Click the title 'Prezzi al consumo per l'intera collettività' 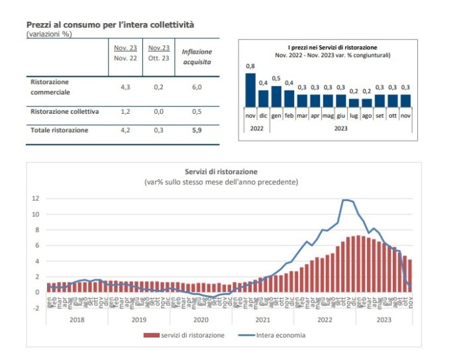point(110,24)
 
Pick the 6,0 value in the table point(197,87)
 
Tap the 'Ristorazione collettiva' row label point(65,112)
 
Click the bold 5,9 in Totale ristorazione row point(197,130)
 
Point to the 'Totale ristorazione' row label point(60,130)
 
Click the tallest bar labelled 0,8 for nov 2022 point(250,90)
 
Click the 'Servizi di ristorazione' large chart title point(221,172)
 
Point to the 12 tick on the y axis point(36,199)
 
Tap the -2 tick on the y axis point(36,308)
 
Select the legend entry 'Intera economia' point(280,335)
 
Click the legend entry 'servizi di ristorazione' point(189,335)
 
